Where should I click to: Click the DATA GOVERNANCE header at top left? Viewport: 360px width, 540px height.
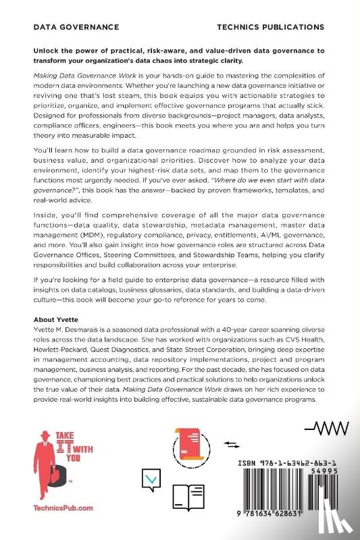click(76, 27)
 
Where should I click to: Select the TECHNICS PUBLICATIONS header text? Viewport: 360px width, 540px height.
click(271, 27)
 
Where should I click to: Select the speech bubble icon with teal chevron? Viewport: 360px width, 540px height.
click(152, 481)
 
